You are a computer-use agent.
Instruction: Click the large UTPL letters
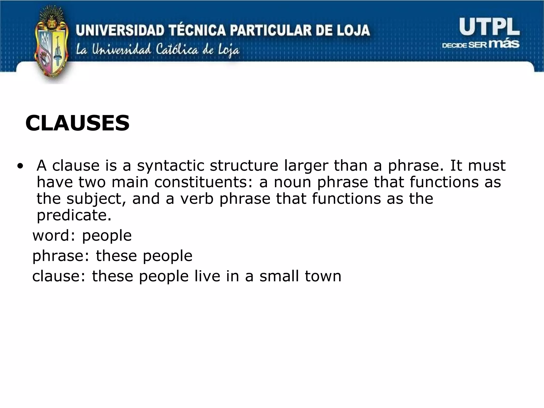point(489,27)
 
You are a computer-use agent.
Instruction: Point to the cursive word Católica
point(177,50)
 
